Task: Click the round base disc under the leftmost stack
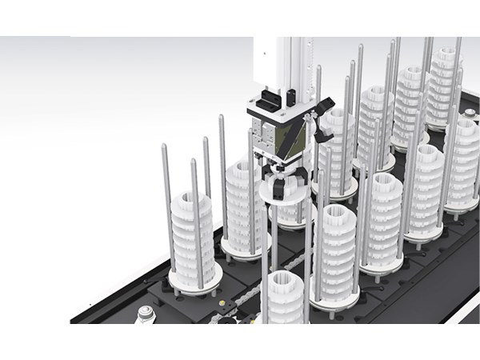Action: (x=194, y=276)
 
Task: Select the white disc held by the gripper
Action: (x=280, y=193)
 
